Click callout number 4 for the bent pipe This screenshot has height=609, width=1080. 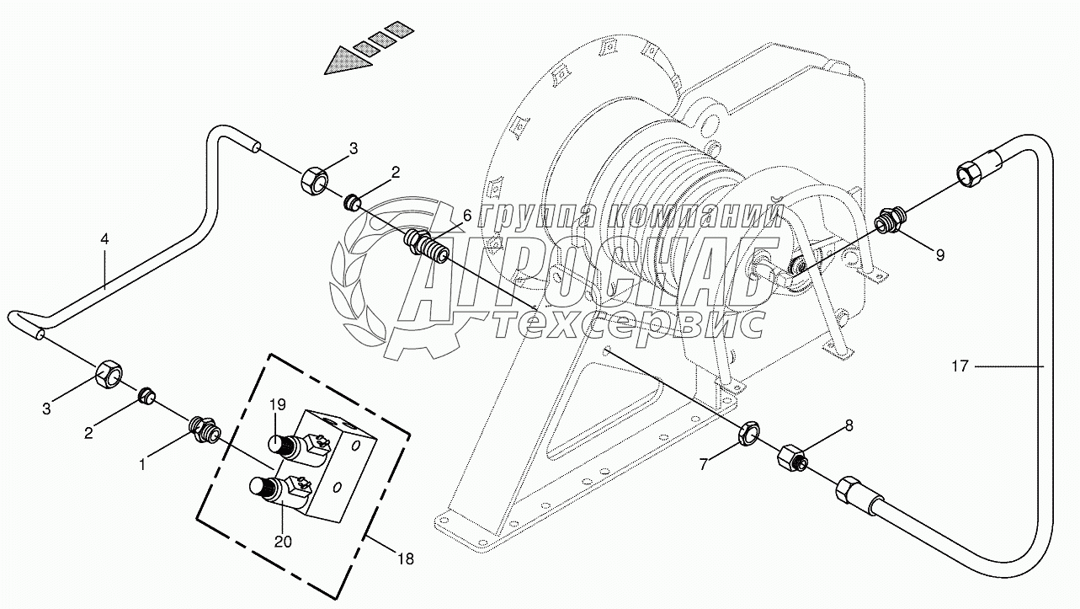(104, 239)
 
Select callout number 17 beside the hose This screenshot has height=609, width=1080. (960, 366)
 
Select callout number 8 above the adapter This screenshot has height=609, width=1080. (849, 426)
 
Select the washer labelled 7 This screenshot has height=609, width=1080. (748, 435)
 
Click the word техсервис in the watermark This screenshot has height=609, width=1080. (630, 323)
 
